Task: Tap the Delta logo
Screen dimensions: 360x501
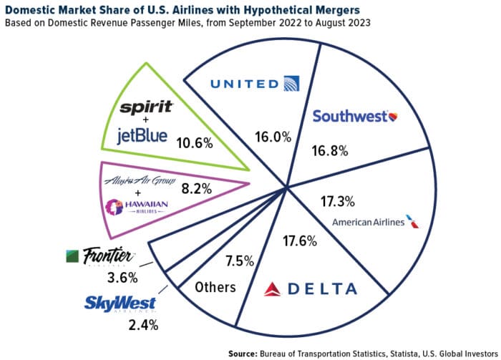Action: pos(311,288)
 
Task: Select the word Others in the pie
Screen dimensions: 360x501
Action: pos(215,288)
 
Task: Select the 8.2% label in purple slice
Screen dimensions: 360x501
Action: pos(196,190)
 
